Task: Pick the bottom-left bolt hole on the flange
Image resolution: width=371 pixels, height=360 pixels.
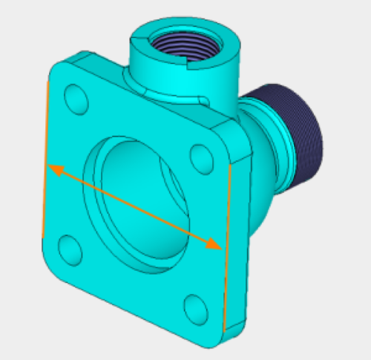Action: [69, 249]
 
